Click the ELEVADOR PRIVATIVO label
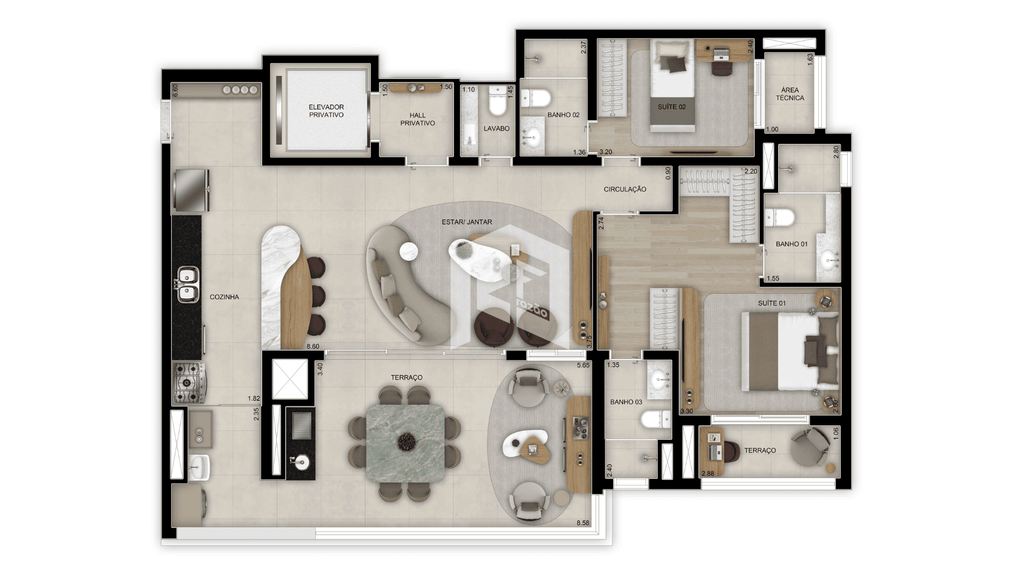pos(326,111)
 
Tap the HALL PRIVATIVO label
pos(418,119)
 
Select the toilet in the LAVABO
pos(498,102)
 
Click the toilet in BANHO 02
pos(536,99)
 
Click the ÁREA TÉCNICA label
pos(789,94)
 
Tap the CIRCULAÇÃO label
pos(625,189)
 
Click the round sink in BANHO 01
pos(830,260)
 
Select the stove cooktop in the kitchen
pos(189,382)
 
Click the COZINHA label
pos(224,297)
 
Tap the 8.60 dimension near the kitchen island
pos(313,347)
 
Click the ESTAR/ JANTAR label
pos(467,222)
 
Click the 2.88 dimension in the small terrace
pos(708,474)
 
